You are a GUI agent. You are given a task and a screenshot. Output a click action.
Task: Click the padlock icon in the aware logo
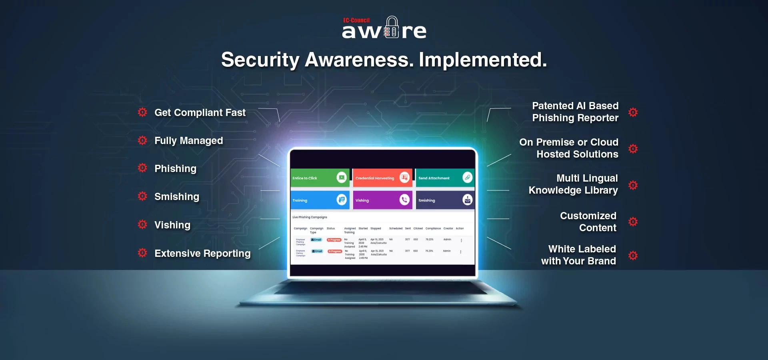(392, 28)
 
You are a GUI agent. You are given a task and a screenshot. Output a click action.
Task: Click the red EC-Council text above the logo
(356, 20)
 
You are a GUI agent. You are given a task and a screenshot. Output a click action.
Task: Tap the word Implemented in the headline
(482, 60)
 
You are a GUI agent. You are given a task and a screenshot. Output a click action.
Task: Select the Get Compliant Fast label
(200, 113)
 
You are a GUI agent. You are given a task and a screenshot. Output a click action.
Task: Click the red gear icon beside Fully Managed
(142, 140)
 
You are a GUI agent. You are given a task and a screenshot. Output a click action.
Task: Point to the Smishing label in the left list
(176, 197)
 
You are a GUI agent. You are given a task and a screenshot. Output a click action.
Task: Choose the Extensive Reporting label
(202, 254)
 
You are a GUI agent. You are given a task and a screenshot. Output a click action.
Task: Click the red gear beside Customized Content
(633, 222)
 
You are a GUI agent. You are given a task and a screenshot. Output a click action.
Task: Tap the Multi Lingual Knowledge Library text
(573, 184)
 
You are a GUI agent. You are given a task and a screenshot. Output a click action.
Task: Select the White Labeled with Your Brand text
(578, 255)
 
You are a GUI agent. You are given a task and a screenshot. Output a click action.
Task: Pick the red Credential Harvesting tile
(382, 178)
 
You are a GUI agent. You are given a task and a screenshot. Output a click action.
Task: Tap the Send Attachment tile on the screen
(445, 178)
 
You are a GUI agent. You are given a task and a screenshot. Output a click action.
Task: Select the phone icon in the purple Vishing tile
(404, 200)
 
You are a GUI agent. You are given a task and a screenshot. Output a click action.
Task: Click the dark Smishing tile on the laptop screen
(445, 200)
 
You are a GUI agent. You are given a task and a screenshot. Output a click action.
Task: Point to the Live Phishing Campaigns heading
(310, 217)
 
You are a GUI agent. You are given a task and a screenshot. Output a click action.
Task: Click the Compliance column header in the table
(433, 228)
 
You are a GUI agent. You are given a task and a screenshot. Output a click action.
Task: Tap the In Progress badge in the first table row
(334, 240)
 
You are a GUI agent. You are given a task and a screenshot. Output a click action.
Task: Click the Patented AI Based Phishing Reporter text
(575, 112)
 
